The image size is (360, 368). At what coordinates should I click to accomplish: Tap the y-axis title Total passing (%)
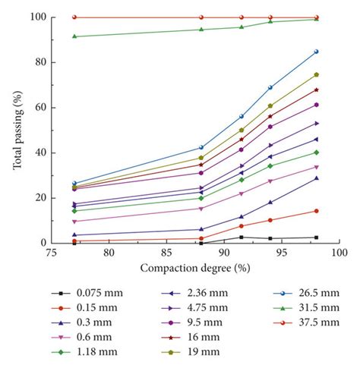(17, 130)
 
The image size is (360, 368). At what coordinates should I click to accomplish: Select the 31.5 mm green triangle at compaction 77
(74, 36)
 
